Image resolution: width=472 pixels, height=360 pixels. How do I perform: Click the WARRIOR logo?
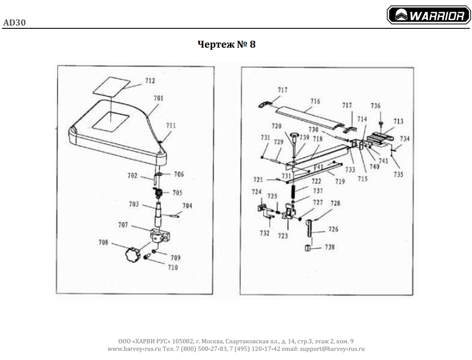429,16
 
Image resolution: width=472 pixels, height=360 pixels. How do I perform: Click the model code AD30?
14,22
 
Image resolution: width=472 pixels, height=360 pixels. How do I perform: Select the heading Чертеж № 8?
227,45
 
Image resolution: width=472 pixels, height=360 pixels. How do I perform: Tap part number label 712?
150,81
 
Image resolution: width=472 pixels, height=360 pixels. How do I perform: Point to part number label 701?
159,98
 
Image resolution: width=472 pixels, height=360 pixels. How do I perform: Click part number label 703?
134,204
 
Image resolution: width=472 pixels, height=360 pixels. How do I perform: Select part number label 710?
173,267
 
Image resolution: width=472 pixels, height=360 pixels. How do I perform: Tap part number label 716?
315,101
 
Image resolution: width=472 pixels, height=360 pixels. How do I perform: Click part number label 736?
376,106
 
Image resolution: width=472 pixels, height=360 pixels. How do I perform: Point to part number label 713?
398,121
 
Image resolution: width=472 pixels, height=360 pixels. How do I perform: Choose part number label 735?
398,174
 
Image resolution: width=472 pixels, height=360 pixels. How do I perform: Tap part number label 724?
256,192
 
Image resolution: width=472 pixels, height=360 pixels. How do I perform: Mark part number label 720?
276,126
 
